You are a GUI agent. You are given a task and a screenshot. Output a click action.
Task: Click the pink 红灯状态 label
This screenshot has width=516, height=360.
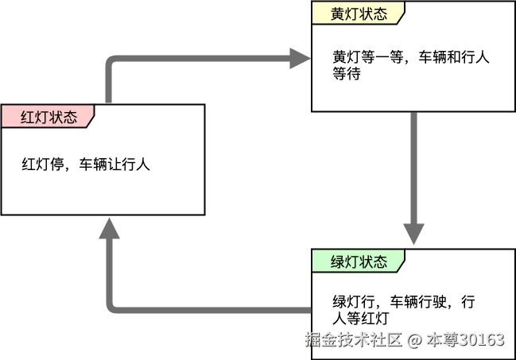coord(48,117)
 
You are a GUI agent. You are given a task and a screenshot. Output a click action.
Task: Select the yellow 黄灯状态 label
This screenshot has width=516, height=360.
coord(359,14)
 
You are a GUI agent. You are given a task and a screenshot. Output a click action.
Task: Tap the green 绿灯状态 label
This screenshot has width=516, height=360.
coord(359,261)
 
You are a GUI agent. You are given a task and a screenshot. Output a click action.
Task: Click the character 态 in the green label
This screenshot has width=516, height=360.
coord(380,261)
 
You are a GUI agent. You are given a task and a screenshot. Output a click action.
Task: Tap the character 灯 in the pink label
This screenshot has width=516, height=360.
coord(42,118)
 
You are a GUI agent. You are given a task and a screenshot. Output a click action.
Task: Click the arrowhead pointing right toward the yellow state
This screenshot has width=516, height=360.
coord(297,57)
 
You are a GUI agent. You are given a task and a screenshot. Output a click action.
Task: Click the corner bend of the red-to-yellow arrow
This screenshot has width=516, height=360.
coord(110,60)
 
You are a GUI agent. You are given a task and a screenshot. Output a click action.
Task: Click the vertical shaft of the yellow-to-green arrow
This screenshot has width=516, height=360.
coord(413,167)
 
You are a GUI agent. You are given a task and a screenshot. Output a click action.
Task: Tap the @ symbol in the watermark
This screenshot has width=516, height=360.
coord(414,340)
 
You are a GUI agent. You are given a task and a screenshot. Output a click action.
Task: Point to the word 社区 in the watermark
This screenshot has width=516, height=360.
coord(388,340)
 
